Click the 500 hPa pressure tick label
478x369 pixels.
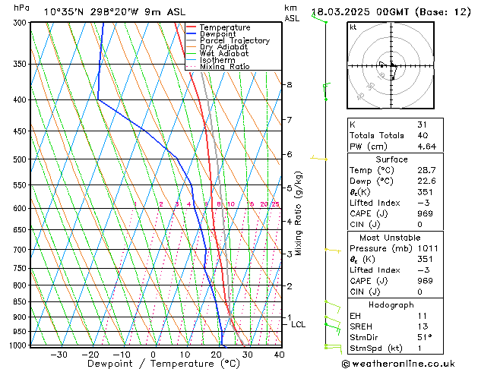(x=19, y=159)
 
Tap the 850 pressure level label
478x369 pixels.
(x=19, y=302)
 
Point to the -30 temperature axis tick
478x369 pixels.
(x=59, y=355)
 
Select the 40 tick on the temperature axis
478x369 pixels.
(x=279, y=355)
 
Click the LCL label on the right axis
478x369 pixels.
(x=299, y=324)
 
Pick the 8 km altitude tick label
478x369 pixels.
(x=290, y=84)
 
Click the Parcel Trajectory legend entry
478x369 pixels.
(x=234, y=40)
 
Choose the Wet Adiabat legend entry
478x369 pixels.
(x=223, y=54)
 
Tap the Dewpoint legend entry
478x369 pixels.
(x=218, y=34)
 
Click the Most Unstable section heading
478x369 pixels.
(x=391, y=238)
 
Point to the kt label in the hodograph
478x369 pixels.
(x=353, y=27)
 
